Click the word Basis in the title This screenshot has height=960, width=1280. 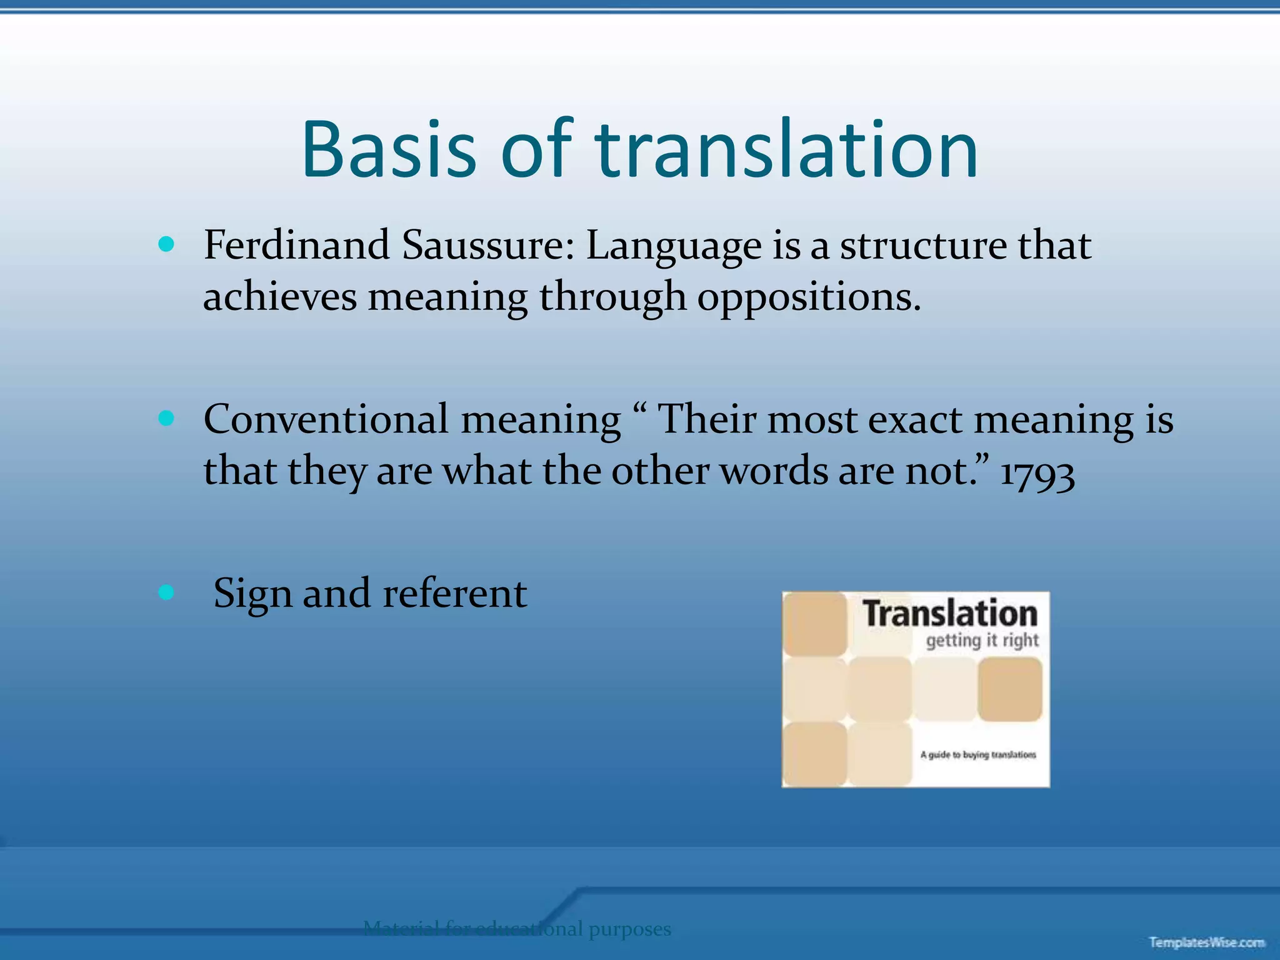pyautogui.click(x=389, y=150)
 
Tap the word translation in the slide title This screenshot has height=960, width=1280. pyautogui.click(x=786, y=150)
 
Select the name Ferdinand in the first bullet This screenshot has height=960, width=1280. pyautogui.click(x=297, y=245)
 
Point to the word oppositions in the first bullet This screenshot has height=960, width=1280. pyautogui.click(x=808, y=296)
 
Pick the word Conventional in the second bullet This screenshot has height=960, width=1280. pyautogui.click(x=326, y=419)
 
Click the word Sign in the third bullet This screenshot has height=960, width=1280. pyautogui.click(x=252, y=594)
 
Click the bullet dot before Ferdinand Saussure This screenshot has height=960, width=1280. pyautogui.click(x=166, y=244)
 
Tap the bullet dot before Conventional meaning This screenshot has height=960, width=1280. pyautogui.click(x=166, y=418)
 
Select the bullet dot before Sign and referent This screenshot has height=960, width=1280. pyautogui.click(x=166, y=592)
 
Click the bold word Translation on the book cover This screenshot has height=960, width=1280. pyautogui.click(x=949, y=613)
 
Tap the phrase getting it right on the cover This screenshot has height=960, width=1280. pyautogui.click(x=982, y=641)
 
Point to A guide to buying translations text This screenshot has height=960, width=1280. pyautogui.click(x=977, y=755)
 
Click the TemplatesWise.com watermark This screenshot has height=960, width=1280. pyautogui.click(x=1206, y=942)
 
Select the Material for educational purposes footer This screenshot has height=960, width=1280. pyautogui.click(x=517, y=929)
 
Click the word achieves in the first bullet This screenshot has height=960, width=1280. pyautogui.click(x=280, y=296)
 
